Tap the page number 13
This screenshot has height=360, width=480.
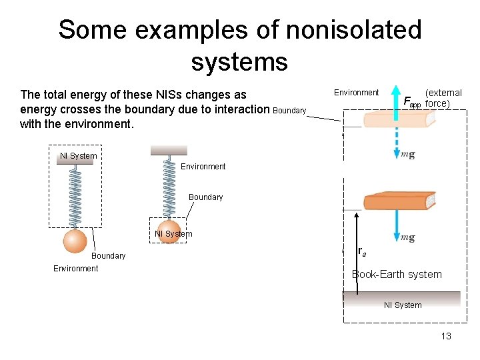click(x=446, y=336)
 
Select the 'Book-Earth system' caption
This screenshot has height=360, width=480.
click(x=397, y=274)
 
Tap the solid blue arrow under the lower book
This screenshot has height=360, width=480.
click(x=397, y=227)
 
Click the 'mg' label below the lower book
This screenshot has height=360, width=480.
click(x=408, y=237)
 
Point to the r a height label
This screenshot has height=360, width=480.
click(x=361, y=251)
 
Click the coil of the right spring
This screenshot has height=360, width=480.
click(x=169, y=187)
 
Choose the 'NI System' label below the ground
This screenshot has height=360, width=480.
click(x=403, y=305)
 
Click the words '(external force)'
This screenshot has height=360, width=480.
click(x=443, y=98)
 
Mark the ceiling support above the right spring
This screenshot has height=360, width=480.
click(x=169, y=151)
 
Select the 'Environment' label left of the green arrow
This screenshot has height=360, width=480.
click(x=356, y=93)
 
